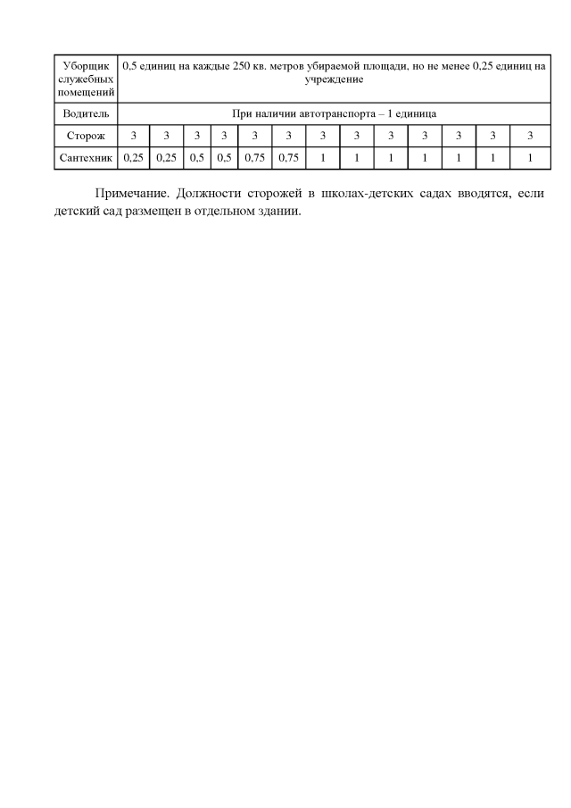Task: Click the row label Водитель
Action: click(x=86, y=113)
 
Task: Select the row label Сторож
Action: click(x=86, y=136)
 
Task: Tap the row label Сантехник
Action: click(x=86, y=158)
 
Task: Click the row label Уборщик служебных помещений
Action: click(x=86, y=79)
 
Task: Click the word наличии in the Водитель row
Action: click(x=273, y=113)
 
